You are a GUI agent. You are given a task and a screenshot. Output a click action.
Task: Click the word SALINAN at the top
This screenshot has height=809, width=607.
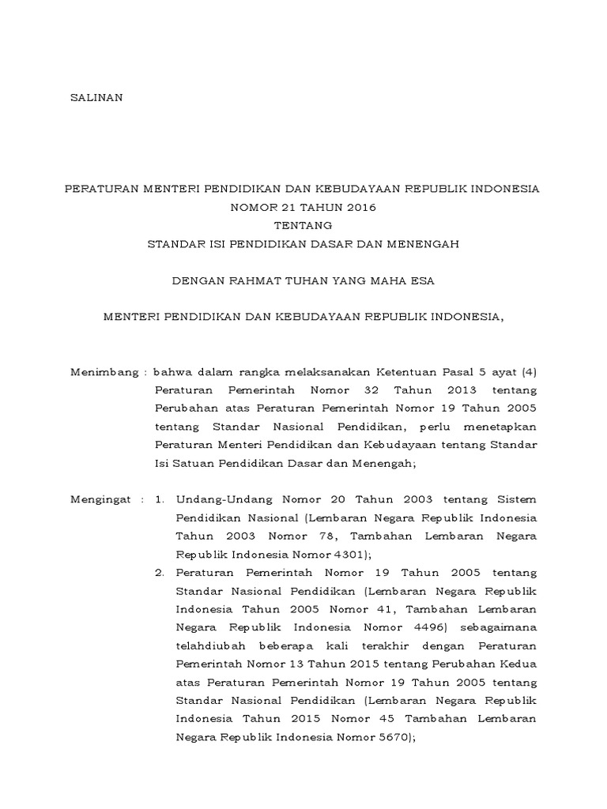click(x=97, y=98)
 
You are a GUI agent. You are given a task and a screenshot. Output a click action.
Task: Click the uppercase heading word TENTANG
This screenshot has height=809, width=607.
click(x=303, y=226)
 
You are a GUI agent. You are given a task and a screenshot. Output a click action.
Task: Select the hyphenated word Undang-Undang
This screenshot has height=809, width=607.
click(x=220, y=500)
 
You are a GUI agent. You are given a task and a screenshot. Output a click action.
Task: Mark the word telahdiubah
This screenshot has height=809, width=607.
click(x=209, y=646)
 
